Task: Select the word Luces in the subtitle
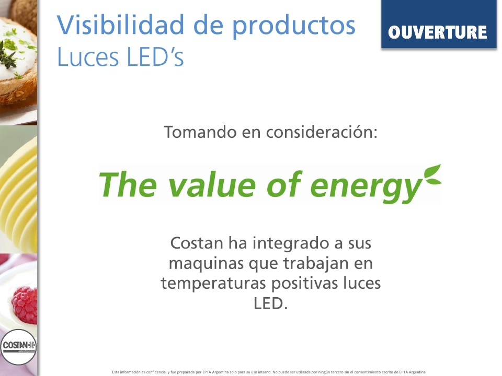pos(88,57)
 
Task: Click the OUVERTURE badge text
pos(437,32)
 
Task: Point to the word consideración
pos(322,132)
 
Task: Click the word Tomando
pos(200,132)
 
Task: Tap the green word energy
pos(366,187)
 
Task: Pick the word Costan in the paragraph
pos(197,243)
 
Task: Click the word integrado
pos(291,244)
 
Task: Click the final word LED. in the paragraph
pos(270,303)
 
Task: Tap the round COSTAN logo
pos(18,347)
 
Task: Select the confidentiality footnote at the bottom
pos(269,372)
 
